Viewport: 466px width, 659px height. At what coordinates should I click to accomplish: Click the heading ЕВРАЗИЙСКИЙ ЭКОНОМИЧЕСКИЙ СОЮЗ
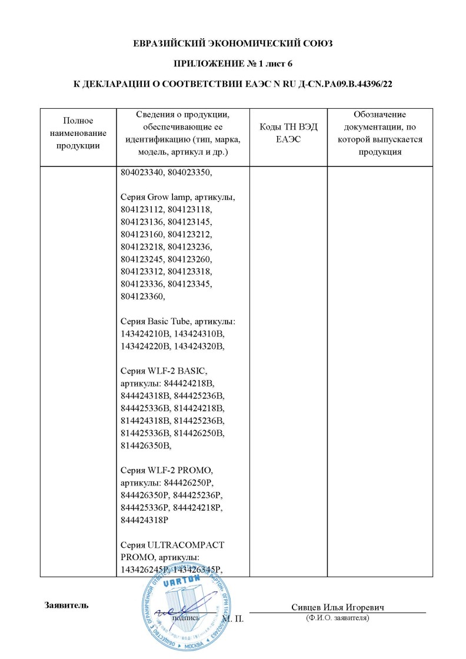pos(232,44)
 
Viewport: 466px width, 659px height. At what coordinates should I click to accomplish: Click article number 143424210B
pos(144,334)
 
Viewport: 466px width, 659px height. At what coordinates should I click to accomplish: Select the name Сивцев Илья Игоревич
pos(338,607)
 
